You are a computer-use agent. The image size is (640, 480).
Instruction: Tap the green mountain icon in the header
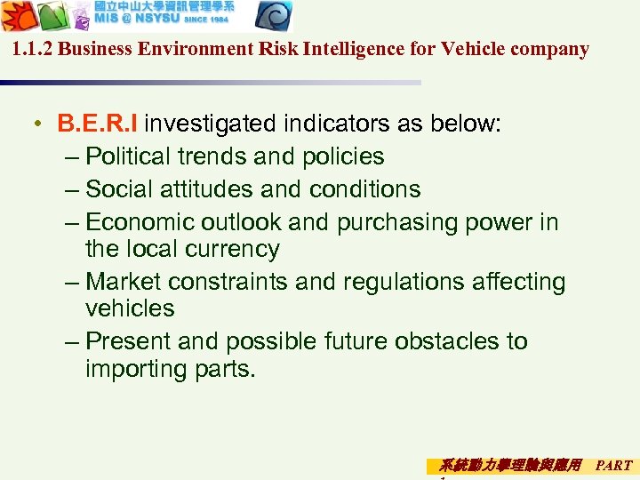click(52, 17)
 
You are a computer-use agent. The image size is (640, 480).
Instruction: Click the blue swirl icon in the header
click(275, 17)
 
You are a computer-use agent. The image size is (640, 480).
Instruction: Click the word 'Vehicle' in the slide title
click(472, 49)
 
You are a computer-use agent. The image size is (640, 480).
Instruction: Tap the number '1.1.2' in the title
click(34, 49)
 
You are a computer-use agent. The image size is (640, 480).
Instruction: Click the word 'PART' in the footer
click(614, 465)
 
